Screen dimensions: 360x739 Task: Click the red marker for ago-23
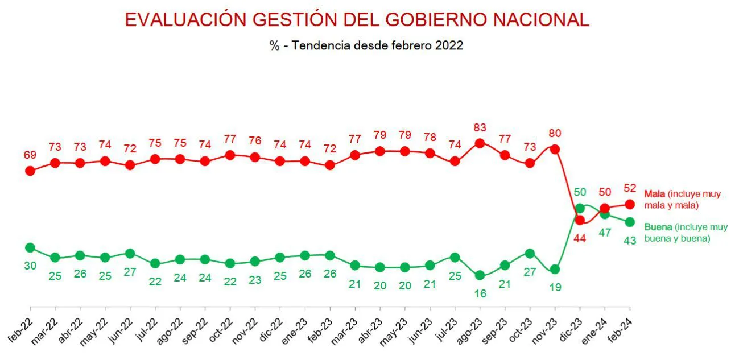click(480, 143)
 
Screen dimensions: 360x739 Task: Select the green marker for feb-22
click(30, 247)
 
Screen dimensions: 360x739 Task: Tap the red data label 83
click(480, 127)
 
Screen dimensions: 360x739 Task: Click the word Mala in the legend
click(654, 194)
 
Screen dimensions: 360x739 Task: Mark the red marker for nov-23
click(555, 150)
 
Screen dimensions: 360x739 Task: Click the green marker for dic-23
click(580, 208)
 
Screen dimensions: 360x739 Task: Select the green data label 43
click(630, 240)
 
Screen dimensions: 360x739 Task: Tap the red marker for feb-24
click(630, 204)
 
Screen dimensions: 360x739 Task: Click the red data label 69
click(30, 154)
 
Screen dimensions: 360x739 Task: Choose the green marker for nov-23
click(555, 269)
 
